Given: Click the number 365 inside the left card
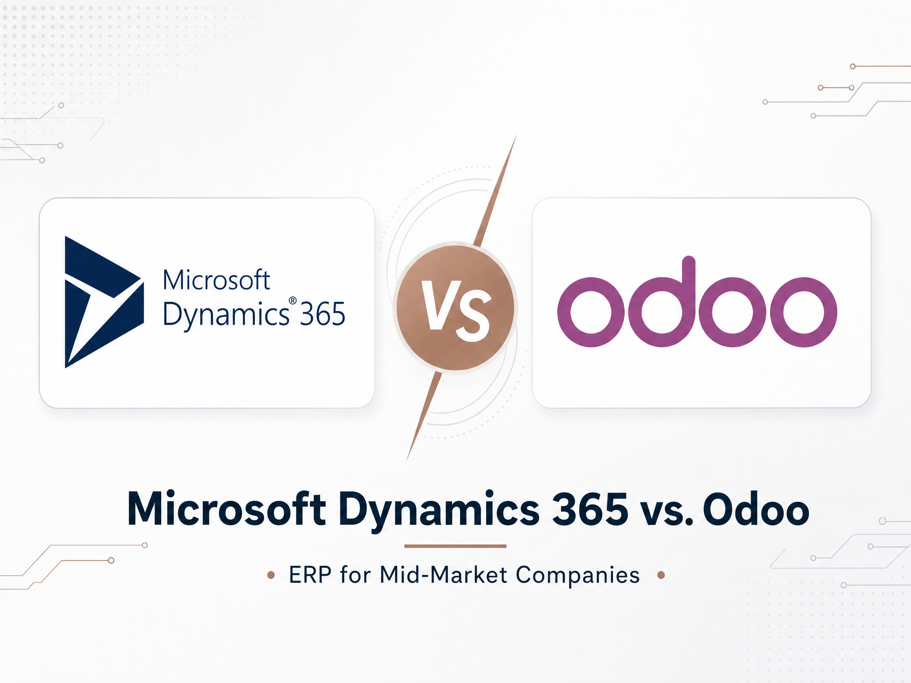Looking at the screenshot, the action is coord(322,314).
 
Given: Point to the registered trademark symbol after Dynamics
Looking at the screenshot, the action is coord(293,300).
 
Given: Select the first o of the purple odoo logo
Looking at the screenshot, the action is coord(591,312).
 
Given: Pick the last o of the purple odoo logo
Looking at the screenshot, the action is coord(803,312).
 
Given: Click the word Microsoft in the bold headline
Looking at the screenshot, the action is coord(226,508).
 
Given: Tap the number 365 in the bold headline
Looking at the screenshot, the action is coord(590,509).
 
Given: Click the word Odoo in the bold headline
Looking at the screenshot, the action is coord(756,509).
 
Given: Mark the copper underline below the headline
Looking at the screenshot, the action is coord(455,546).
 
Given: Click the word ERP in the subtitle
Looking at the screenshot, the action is coord(310,575).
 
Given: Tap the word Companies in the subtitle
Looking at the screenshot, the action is coord(578,576).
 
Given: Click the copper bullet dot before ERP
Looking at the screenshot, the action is coord(271,575).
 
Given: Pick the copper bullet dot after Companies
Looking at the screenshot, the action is coord(661,575).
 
